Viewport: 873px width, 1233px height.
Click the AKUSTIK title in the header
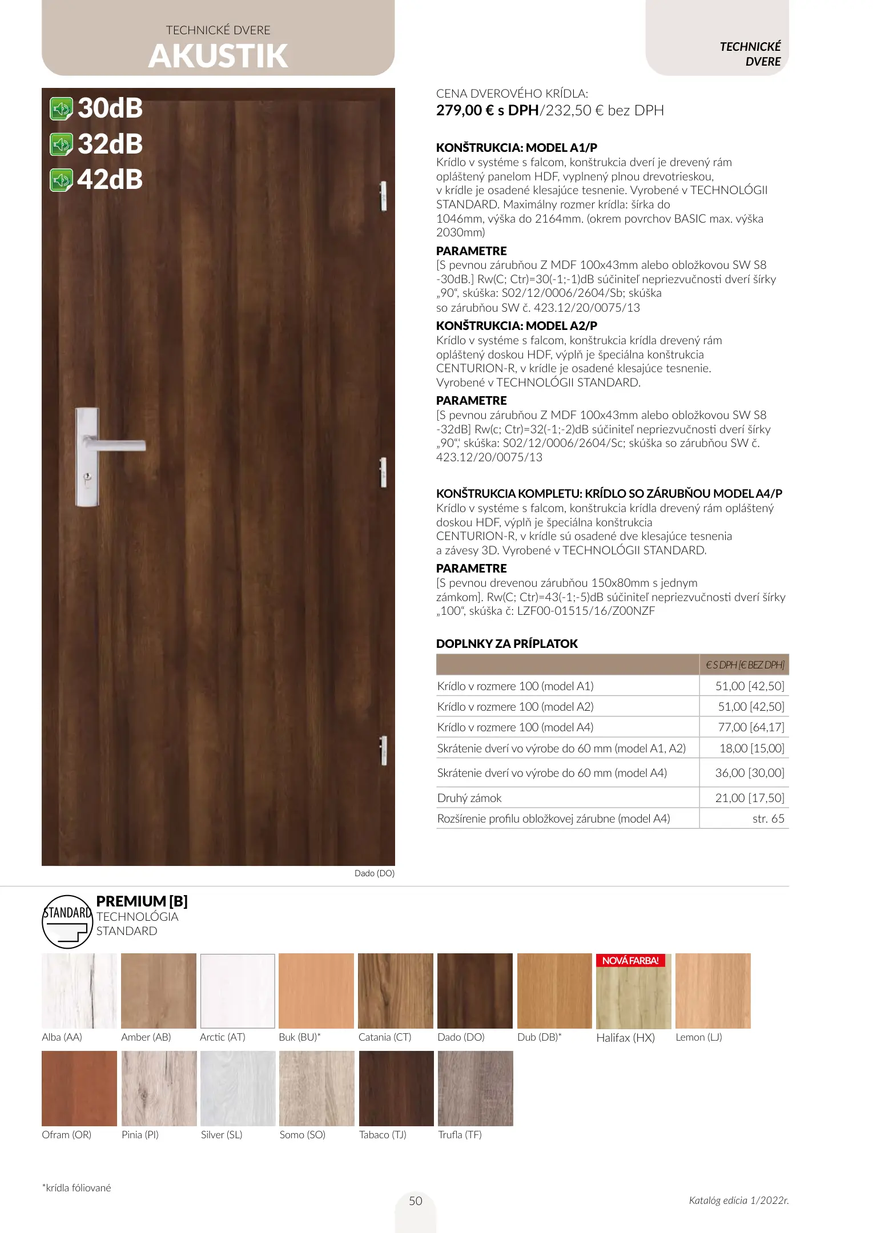click(218, 56)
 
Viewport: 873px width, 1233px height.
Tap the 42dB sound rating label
click(110, 180)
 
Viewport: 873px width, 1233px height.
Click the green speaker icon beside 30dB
click(61, 109)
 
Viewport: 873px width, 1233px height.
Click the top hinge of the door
click(383, 196)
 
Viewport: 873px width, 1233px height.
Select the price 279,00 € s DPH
click(487, 111)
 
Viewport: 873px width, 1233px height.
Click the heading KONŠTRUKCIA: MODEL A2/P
click(516, 326)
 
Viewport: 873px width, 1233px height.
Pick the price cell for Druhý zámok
click(749, 798)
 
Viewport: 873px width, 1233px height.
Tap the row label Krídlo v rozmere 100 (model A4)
click(515, 727)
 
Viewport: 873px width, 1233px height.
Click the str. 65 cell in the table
click(768, 819)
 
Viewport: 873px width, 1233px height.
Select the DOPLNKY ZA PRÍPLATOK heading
click(506, 644)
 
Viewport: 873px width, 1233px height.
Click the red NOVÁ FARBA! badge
click(630, 961)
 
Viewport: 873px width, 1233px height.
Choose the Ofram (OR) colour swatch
click(79, 1089)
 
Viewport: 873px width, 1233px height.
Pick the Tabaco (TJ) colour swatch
click(396, 1089)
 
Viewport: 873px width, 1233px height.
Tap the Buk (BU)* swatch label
click(300, 1037)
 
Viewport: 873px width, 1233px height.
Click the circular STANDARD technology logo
click(67, 922)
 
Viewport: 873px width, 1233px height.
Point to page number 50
click(416, 1201)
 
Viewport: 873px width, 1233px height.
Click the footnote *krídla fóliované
click(77, 1188)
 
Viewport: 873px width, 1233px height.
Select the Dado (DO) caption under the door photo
click(374, 873)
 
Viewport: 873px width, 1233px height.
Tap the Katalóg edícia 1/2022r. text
click(738, 1200)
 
